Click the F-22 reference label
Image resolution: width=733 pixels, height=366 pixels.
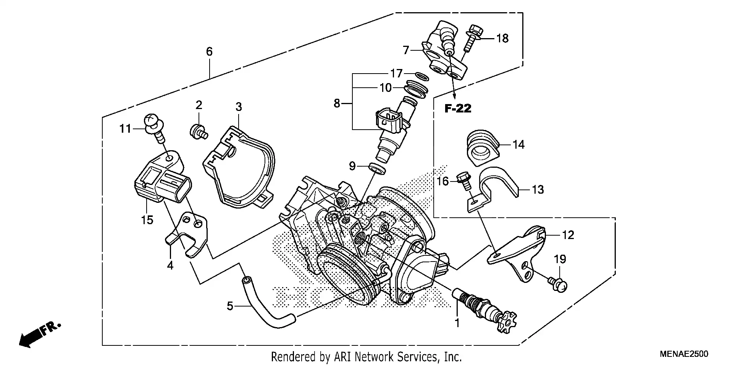point(458,109)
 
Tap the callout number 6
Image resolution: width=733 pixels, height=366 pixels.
point(209,51)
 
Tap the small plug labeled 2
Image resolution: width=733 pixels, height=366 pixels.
point(197,132)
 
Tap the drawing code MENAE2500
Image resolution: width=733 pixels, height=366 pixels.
point(684,354)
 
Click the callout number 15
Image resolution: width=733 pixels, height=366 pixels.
point(147,220)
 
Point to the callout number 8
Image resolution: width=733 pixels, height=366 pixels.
point(337,103)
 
